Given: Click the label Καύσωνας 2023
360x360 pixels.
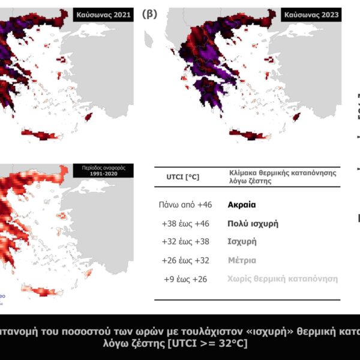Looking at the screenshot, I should tap(312, 14).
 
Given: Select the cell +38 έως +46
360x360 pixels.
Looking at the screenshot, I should tap(185, 224).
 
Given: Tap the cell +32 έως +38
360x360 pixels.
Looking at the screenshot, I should tap(185, 242).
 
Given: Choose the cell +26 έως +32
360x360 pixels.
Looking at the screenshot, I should tap(185, 260).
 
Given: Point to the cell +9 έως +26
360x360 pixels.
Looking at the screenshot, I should tap(185, 279).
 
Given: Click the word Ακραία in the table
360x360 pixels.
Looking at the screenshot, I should tap(242, 205).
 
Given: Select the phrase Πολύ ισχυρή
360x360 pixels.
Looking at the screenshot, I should tap(253, 224).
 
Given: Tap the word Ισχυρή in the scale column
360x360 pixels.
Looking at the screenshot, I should tap(242, 242).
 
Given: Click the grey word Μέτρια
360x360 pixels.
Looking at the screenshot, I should tap(242, 260).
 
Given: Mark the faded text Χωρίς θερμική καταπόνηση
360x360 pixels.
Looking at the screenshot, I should tap(283, 279).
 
